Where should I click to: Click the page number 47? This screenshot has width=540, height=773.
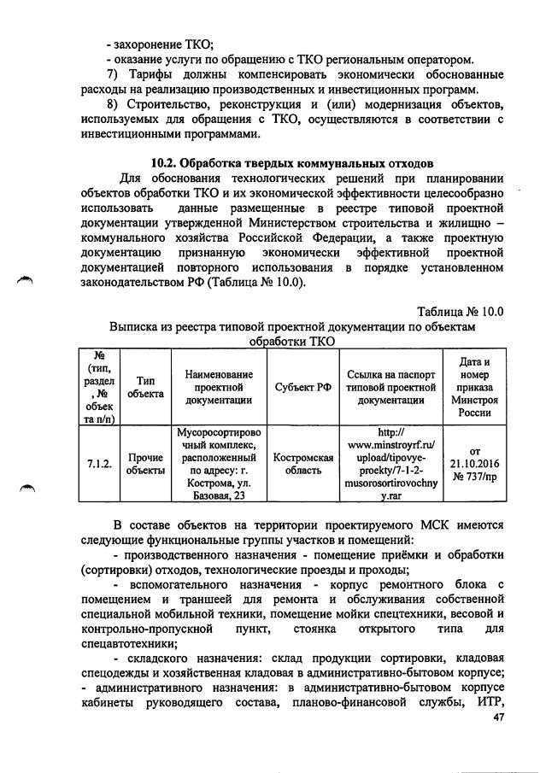coord(500,741)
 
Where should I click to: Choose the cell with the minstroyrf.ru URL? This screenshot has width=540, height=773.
coord(391,464)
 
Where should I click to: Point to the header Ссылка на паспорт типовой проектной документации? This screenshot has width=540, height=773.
coord(391,386)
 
